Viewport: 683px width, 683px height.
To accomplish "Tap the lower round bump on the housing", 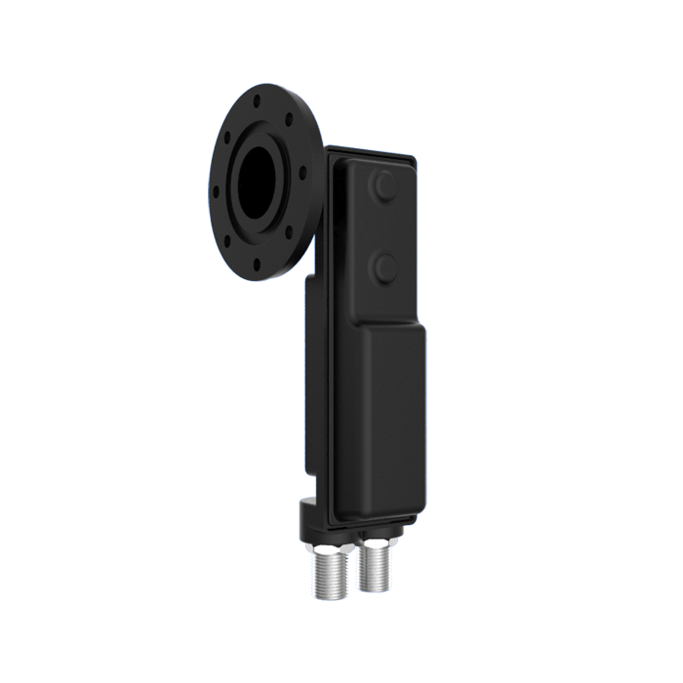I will coord(384,265).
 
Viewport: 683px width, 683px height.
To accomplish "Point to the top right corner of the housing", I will coord(417,156).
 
